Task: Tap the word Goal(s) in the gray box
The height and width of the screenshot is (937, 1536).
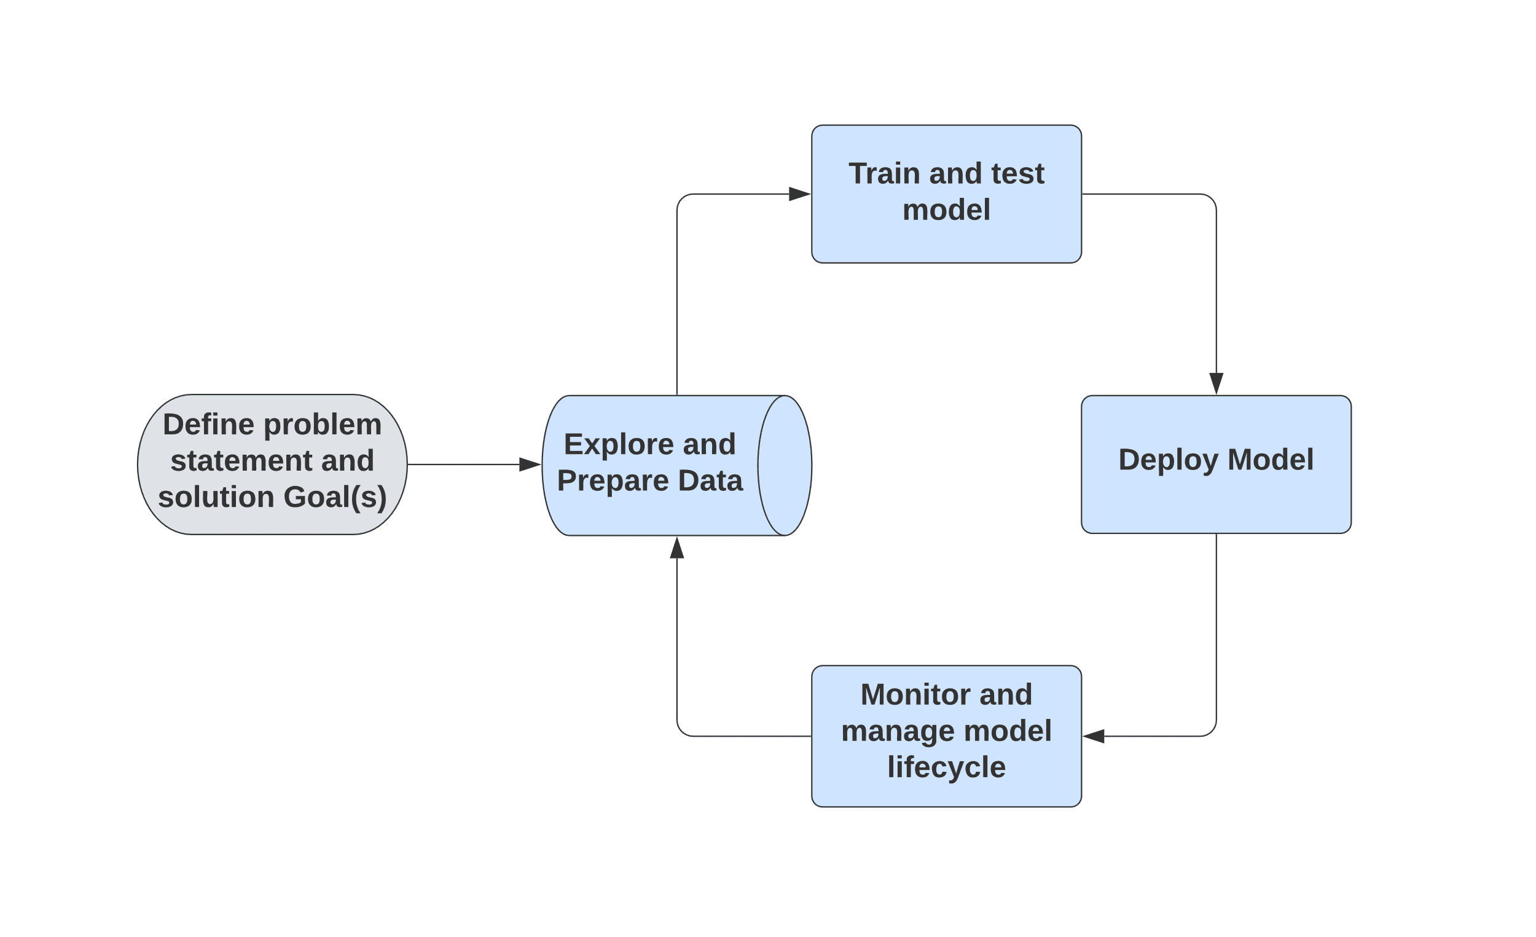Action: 335,498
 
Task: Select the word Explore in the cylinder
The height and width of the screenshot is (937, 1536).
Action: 618,445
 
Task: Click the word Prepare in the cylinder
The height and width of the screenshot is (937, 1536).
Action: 612,481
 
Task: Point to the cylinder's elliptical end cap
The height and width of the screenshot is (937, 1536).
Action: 785,466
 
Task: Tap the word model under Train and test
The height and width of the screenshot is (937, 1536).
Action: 946,210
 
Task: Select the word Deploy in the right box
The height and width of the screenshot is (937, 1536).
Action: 1167,461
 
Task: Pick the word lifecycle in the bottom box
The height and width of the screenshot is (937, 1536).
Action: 946,767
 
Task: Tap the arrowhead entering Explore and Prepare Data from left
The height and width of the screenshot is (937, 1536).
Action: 530,465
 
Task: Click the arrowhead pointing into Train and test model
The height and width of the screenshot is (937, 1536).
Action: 799,194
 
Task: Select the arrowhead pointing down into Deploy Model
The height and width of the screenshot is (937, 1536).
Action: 1217,383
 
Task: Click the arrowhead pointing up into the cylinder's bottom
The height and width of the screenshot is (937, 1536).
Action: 677,549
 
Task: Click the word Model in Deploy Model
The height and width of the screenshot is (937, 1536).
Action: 1270,460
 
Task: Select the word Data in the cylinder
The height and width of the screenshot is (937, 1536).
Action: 710,481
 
